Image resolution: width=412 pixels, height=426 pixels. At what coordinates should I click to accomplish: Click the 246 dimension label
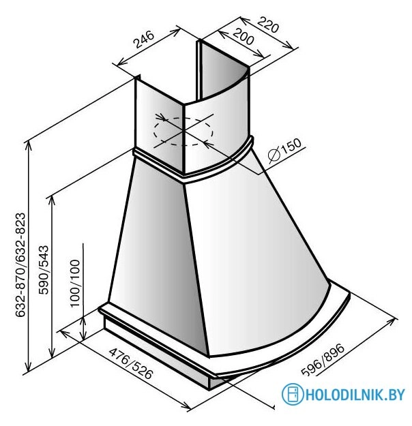144,40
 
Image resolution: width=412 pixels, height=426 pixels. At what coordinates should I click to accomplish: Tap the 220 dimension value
268,25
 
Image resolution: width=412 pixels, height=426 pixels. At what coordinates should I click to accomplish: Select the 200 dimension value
243,37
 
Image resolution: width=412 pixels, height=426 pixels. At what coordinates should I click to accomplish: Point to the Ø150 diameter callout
284,151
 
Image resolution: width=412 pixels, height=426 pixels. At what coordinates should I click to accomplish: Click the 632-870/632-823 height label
20,265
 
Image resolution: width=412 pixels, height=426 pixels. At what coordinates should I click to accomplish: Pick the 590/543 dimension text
44,270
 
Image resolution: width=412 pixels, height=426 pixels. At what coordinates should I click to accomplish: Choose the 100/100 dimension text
75,284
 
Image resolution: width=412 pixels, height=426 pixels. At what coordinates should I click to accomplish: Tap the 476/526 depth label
131,363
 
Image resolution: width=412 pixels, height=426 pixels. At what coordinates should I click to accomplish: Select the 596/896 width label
323,360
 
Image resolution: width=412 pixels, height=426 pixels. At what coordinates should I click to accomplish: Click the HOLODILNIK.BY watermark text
355,394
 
